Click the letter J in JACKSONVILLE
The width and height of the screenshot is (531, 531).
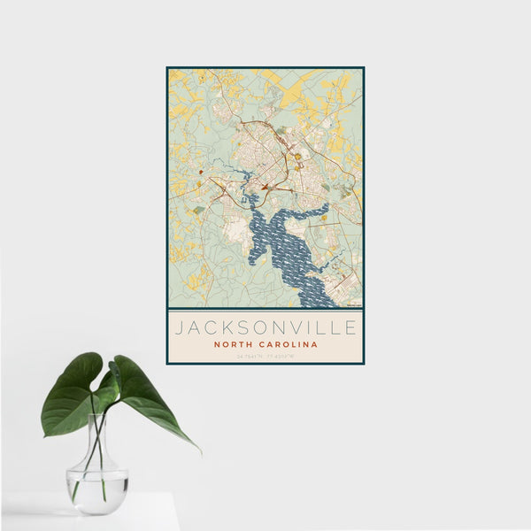(x=178, y=328)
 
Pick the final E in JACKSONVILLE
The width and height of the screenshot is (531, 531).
(x=352, y=328)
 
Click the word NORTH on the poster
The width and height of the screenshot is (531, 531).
(x=233, y=345)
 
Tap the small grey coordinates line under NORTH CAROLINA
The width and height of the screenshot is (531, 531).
(x=265, y=356)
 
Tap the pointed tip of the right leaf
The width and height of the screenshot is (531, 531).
(x=200, y=452)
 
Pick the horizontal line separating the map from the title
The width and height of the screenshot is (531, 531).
(x=265, y=310)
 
